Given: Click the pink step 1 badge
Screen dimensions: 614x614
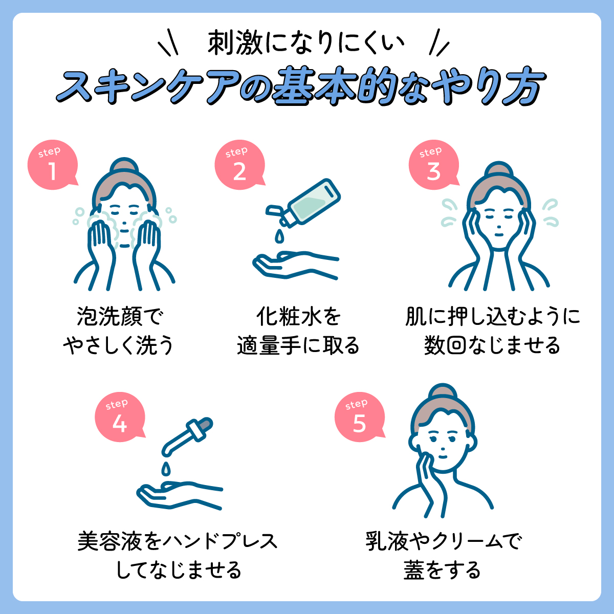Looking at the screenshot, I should pyautogui.click(x=52, y=166).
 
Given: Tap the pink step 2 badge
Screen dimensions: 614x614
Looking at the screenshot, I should pyautogui.click(x=239, y=166).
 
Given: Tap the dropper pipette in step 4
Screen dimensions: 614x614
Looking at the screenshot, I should pyautogui.click(x=188, y=435).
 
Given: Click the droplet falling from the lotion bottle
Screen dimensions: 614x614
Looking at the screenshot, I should pyautogui.click(x=279, y=236).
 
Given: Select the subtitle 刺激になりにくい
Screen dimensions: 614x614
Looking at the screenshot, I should pyautogui.click(x=306, y=44).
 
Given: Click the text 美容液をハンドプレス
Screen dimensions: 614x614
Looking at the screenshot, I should pyautogui.click(x=178, y=541).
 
